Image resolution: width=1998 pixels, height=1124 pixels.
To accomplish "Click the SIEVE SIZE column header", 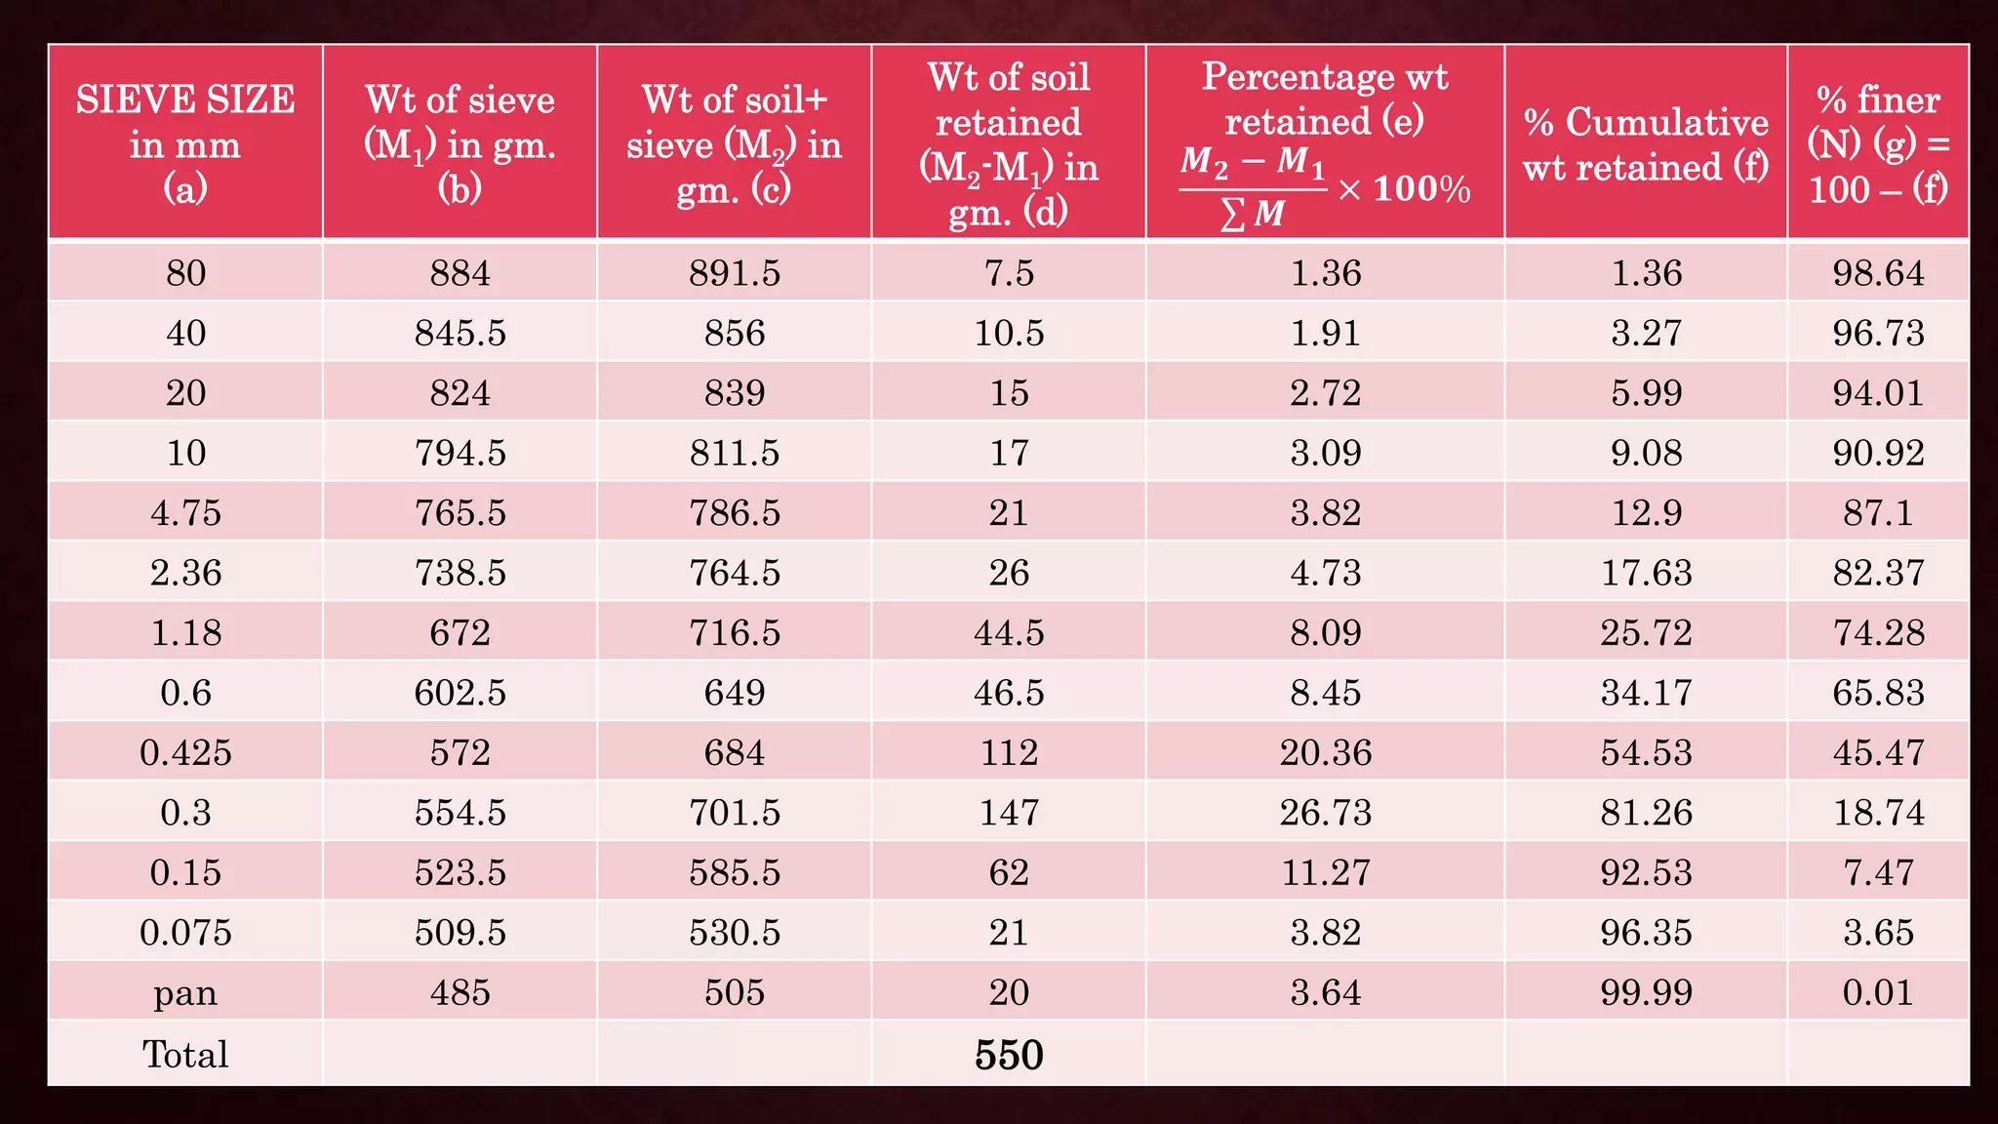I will coord(185,142).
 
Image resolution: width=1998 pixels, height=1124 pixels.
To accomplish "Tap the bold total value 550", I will coord(1009,1055).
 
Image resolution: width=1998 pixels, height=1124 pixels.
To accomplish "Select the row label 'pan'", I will coord(185,992).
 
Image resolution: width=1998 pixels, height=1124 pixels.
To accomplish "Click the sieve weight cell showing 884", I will coord(460,272).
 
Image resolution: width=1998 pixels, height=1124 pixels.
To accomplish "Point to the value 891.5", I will coord(735,272).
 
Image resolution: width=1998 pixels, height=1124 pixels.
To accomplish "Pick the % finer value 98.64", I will coord(1878,272).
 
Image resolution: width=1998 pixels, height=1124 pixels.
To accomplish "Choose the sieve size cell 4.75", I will coord(185,512).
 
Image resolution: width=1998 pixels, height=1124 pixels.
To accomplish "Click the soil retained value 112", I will coord(1009,752).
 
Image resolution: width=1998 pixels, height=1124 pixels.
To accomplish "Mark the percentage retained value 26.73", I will coord(1325,812).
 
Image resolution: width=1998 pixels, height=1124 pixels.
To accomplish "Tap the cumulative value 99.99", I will coord(1646,992).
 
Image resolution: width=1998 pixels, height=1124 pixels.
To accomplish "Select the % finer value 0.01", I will coord(1878,992).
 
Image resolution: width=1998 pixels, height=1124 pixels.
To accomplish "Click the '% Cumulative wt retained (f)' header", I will coord(1646,143).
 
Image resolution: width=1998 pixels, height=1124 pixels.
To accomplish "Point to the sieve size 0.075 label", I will coord(185,932).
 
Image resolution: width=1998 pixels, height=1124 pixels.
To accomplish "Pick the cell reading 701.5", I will coord(735,812).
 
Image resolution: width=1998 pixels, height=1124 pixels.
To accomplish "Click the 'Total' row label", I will coord(185,1055).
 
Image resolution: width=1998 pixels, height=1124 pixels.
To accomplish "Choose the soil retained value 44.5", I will coord(1009,632).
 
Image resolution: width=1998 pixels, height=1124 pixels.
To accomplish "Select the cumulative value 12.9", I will coord(1646,512).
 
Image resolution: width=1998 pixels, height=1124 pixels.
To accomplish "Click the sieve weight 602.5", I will coord(460,693).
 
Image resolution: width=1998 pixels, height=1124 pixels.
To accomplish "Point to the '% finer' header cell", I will coord(1878,142).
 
